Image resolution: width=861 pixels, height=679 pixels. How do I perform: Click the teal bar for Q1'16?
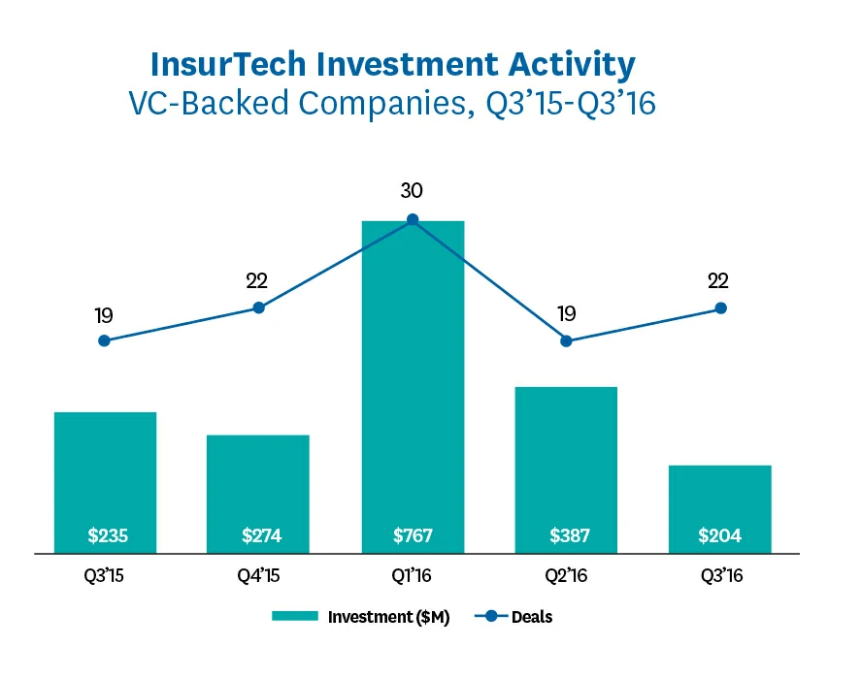[x=413, y=388]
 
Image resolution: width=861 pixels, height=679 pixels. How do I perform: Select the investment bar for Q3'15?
[x=105, y=475]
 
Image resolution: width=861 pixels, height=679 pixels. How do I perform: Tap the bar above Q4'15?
[x=258, y=485]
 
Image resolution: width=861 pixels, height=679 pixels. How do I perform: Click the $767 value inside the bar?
[x=413, y=535]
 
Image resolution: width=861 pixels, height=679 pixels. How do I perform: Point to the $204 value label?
[x=720, y=535]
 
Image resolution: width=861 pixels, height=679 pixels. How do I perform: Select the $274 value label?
[x=258, y=535]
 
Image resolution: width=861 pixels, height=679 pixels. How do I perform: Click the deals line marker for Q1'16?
[x=413, y=220]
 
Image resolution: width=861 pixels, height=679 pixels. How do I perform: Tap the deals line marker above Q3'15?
[x=104, y=340]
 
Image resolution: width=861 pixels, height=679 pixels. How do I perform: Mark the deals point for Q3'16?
[x=720, y=308]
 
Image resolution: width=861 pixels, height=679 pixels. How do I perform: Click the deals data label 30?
[x=413, y=191]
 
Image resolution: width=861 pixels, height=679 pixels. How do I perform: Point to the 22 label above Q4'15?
[x=257, y=281]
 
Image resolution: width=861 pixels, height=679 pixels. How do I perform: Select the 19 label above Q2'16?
[x=566, y=313]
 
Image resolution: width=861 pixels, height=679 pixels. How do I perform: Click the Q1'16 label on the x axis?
[x=413, y=575]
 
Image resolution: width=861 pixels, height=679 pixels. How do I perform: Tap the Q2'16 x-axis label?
[x=566, y=575]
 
